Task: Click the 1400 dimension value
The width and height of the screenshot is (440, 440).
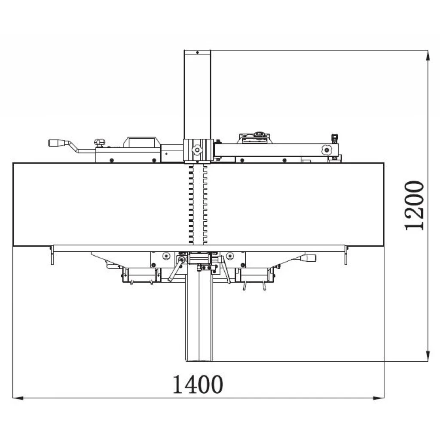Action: [198, 384]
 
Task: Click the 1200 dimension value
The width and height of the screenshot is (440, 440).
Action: [414, 206]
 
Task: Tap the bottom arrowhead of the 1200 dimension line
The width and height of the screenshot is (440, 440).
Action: [428, 356]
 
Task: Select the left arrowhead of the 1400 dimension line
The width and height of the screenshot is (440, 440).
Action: [18, 397]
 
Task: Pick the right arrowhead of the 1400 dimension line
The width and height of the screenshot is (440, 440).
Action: [379, 397]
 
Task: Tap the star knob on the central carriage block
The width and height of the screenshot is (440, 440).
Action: [197, 150]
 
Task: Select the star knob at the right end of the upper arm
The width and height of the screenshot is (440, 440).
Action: [327, 150]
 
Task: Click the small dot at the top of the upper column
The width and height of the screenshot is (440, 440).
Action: [198, 52]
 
